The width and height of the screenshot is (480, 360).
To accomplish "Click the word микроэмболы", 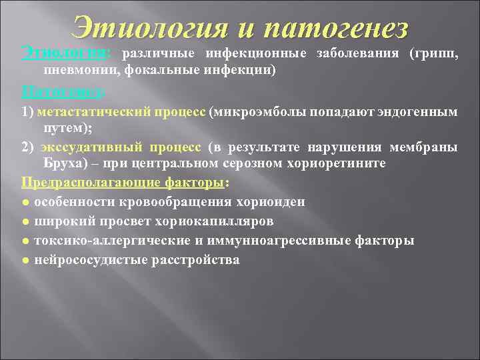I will click(x=259, y=112).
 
